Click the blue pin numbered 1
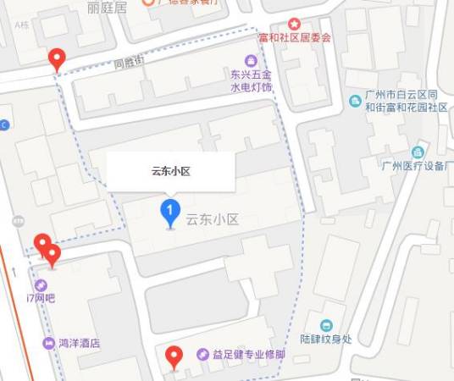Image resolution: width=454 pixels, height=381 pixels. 170,212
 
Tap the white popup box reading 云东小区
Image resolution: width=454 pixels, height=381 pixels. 170,171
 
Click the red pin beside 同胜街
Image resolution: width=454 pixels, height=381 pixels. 57,58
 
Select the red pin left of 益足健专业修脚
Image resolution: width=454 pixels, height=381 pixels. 174,357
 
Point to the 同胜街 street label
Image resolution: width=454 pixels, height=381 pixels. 130,63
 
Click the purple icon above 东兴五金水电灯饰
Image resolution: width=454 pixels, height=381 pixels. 251,60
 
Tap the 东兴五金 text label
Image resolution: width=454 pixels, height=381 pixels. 251,75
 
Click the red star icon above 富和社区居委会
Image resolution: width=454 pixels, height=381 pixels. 294,25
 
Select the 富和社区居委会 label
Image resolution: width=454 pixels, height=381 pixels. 294,38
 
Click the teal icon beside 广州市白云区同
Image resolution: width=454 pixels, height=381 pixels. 356,101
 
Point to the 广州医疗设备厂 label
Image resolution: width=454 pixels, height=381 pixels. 416,166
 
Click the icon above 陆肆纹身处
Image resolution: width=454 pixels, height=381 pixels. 326,325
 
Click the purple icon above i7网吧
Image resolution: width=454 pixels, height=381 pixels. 41,284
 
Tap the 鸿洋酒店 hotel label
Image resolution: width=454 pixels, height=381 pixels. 79,344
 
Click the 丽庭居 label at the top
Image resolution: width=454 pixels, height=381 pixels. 106,7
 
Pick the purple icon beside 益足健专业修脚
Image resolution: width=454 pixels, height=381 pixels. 202,355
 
